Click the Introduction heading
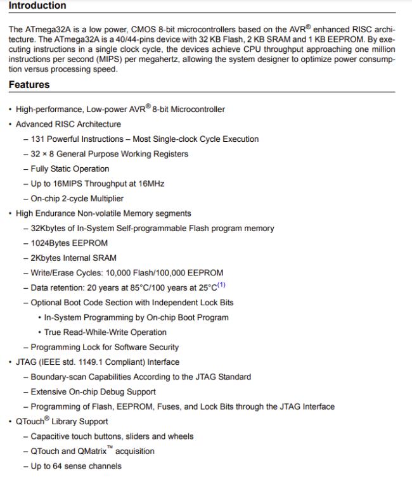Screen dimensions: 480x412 click(x=37, y=6)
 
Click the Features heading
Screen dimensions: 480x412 click(x=29, y=85)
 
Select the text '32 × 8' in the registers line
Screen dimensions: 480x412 click(x=42, y=154)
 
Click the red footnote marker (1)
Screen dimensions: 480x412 click(x=221, y=286)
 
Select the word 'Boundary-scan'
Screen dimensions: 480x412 click(x=58, y=377)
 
